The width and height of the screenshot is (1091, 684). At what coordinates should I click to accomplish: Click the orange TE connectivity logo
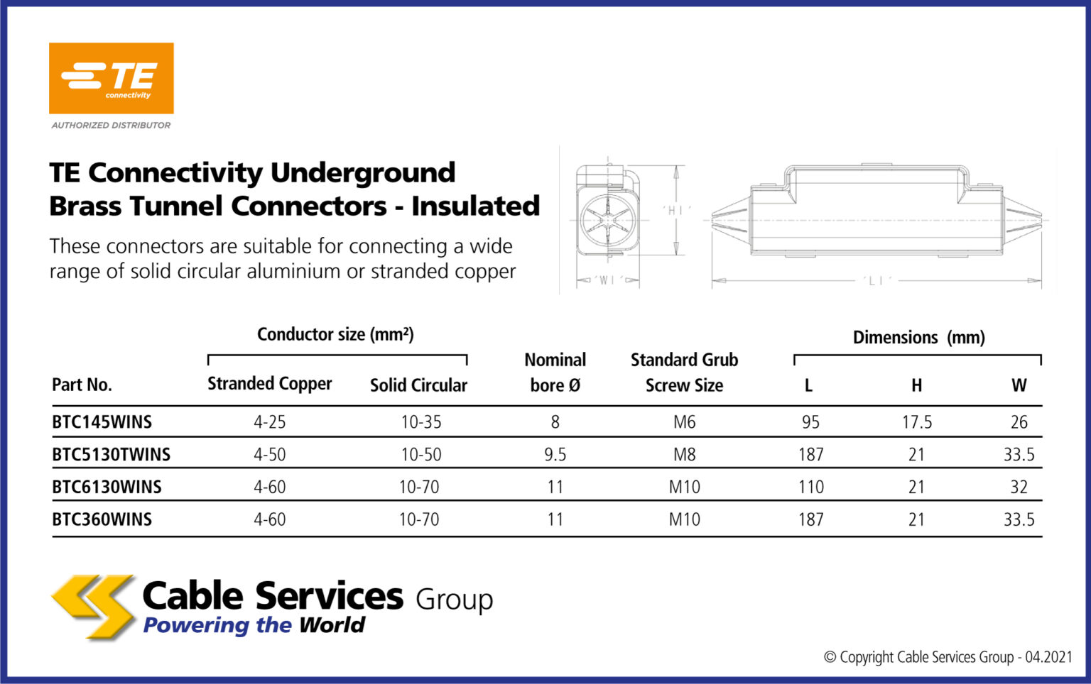tap(111, 78)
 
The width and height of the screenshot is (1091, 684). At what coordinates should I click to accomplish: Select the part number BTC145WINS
tap(102, 422)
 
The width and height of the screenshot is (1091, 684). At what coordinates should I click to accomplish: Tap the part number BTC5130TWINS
tap(111, 454)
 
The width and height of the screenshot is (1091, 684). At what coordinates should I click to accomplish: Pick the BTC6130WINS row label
tap(107, 487)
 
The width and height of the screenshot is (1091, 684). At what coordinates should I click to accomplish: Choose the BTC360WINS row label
tap(102, 519)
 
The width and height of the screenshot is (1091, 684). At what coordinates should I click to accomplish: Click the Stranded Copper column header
tap(269, 384)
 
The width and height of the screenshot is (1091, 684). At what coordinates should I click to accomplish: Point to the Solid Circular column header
tap(418, 385)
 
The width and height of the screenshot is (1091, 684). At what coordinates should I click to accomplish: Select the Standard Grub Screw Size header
tap(684, 373)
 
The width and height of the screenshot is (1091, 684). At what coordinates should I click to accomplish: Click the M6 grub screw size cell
tap(684, 422)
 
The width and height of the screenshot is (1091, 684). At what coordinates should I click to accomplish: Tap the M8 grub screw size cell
tap(684, 454)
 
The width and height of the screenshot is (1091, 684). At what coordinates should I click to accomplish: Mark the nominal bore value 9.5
tap(555, 454)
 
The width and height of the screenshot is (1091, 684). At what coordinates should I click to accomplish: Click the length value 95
tap(810, 422)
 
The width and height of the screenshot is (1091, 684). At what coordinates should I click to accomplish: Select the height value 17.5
tap(916, 422)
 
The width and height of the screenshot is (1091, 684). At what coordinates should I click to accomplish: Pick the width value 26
tap(1019, 422)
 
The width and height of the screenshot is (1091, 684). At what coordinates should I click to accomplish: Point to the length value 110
tap(810, 487)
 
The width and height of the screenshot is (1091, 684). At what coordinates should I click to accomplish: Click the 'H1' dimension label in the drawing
tap(676, 210)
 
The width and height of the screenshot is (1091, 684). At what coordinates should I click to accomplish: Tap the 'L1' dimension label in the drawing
tap(876, 281)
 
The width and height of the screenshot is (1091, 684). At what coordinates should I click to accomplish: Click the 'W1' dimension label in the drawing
tap(607, 280)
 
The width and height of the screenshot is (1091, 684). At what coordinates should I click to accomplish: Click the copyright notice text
tap(948, 657)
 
